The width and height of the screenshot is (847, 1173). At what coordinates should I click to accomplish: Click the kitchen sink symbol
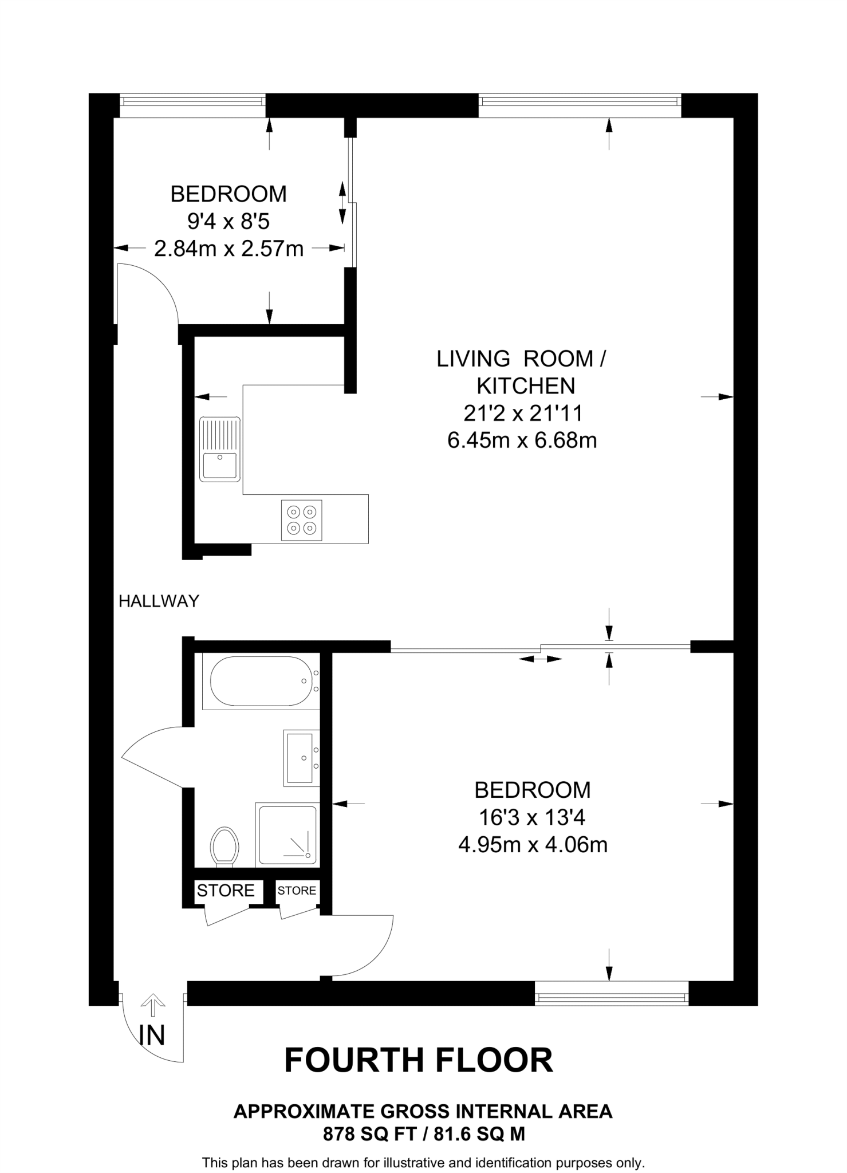point(220,449)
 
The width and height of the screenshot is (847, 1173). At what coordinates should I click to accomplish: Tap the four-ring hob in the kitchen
point(301,520)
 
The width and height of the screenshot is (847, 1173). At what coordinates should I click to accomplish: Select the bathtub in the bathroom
point(261,681)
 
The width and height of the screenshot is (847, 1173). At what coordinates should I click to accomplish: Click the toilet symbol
point(224,846)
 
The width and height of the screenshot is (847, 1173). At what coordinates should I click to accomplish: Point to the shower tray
point(287,835)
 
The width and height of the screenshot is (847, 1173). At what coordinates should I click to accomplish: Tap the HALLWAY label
point(159,601)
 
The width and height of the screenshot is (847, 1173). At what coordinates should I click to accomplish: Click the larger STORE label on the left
point(226,891)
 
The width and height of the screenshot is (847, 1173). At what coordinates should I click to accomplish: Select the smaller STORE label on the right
point(297,891)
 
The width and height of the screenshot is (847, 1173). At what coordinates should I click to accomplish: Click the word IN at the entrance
point(152,1036)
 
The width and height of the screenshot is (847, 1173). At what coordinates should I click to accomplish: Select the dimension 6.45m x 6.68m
point(522,440)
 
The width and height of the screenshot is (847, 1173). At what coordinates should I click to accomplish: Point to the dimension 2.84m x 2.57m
point(229,249)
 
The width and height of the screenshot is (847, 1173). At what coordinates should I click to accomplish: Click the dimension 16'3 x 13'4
point(532,817)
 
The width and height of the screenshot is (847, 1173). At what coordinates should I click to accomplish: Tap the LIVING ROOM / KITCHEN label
point(522,372)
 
